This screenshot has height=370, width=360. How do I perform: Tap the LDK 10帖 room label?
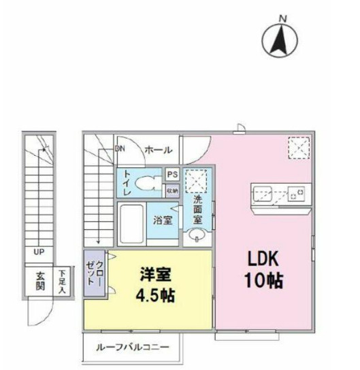[x=264, y=269]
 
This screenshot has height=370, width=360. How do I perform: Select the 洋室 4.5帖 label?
[x=156, y=285]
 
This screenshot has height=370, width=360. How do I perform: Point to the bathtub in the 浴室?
[x=133, y=221]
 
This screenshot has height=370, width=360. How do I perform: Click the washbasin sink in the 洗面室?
[x=197, y=235]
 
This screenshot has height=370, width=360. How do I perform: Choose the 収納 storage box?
[x=172, y=190]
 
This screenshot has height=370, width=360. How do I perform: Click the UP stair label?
[x=39, y=252]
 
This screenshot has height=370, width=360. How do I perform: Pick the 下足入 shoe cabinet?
[x=63, y=281]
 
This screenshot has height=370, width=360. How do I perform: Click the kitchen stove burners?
[x=296, y=194]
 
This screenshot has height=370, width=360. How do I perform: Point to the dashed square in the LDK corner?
[x=298, y=147]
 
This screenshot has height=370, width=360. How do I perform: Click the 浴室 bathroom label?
[x=162, y=220]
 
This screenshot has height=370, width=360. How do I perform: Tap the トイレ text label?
[x=127, y=183]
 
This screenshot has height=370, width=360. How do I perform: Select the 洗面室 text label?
[x=197, y=209]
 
